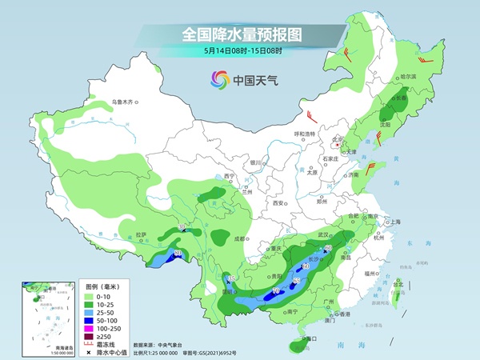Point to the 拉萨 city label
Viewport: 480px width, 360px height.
coord(142,234)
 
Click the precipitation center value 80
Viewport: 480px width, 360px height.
coord(177,254)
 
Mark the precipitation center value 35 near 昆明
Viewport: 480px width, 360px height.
coord(232,278)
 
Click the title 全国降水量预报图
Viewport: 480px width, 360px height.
coord(239,34)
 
